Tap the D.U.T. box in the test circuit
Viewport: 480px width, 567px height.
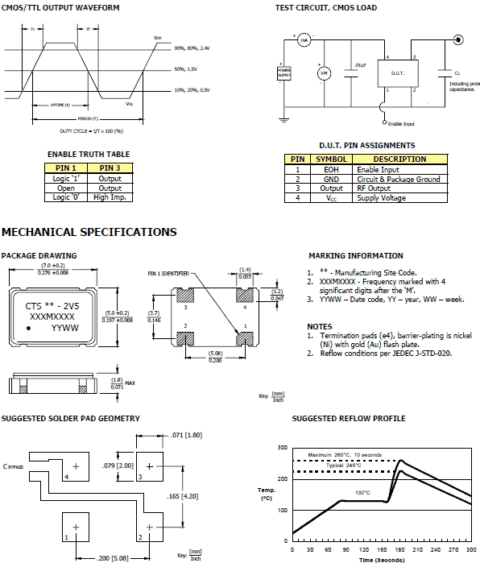(x=401, y=73)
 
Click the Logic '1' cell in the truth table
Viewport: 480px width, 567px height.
(x=65, y=179)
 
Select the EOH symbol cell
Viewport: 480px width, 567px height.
(x=331, y=169)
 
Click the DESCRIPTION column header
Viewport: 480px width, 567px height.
(x=400, y=159)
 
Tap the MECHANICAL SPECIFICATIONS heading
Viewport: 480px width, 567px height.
(x=89, y=233)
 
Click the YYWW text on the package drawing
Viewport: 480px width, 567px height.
(x=65, y=329)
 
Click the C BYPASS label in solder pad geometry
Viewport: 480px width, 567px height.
(x=14, y=466)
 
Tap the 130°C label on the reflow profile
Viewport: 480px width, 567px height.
(x=362, y=492)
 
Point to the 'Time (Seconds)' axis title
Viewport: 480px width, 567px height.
(x=378, y=559)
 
